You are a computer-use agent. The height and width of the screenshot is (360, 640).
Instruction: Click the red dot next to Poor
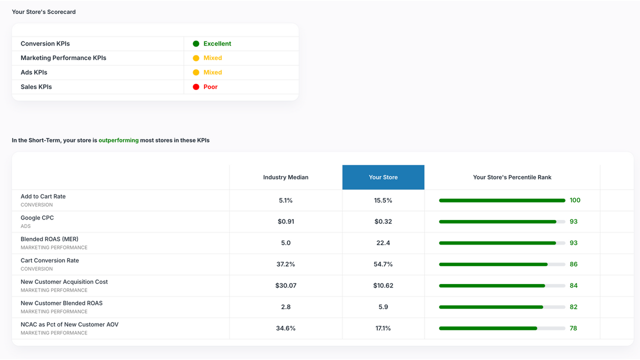196,87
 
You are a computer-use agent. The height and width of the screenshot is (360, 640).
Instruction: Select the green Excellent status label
217,44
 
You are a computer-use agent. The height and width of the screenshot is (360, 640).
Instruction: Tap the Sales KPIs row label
36,87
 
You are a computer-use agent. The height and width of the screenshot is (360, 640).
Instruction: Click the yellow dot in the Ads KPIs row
196,72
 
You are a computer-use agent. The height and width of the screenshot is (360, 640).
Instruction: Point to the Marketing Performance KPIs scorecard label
63,58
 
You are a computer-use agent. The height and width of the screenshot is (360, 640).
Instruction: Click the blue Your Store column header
383,177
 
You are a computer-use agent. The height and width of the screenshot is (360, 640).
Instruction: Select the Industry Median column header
285,177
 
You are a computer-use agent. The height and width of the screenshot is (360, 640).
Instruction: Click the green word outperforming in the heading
118,140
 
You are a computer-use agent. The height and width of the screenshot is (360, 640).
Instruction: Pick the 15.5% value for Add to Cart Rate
383,200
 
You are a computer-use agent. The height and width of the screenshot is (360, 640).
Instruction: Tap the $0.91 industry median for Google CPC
285,221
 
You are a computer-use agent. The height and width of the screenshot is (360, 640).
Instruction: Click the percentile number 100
575,200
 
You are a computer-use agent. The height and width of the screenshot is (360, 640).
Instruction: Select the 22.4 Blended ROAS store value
383,243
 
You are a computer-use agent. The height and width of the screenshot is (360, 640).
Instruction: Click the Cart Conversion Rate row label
49,260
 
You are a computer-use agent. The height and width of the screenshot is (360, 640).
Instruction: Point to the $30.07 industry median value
285,285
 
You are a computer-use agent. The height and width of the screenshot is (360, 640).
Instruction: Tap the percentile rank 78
573,328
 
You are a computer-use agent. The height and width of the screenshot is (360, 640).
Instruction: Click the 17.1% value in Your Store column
383,328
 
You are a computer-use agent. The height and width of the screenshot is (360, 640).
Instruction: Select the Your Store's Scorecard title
44,12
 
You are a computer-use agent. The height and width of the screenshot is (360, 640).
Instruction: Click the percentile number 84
573,285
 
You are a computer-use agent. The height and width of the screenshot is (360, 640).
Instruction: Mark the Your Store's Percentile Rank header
512,177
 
